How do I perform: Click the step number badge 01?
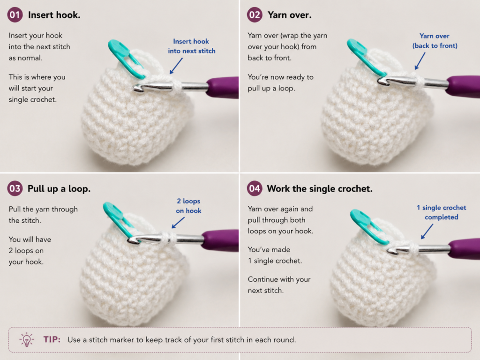point(15,15)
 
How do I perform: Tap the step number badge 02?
point(255,15)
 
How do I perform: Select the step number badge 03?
point(15,188)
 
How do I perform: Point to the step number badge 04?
point(255,188)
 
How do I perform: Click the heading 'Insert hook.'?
point(54,15)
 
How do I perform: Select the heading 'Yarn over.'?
point(290,15)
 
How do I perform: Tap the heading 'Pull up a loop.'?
point(59,188)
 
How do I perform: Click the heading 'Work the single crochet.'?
point(320,188)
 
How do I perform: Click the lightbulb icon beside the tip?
point(27,339)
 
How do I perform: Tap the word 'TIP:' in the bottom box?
point(52,339)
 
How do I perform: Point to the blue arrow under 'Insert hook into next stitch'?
point(176,66)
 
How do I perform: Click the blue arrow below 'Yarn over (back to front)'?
point(420,61)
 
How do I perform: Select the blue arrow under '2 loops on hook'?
point(178,223)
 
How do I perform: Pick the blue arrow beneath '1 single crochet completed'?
point(427,232)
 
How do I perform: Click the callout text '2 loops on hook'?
point(188,206)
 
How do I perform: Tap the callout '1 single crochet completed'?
point(442,212)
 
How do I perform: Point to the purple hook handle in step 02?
point(463,87)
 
